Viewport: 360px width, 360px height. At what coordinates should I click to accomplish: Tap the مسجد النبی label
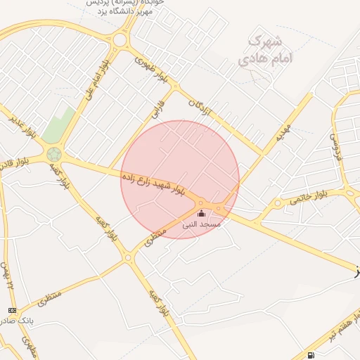202,224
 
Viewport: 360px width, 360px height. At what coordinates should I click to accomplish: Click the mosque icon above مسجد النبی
202,213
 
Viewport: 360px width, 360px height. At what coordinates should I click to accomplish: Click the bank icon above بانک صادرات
12,310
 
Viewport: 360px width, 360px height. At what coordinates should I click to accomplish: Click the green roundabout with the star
54,153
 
